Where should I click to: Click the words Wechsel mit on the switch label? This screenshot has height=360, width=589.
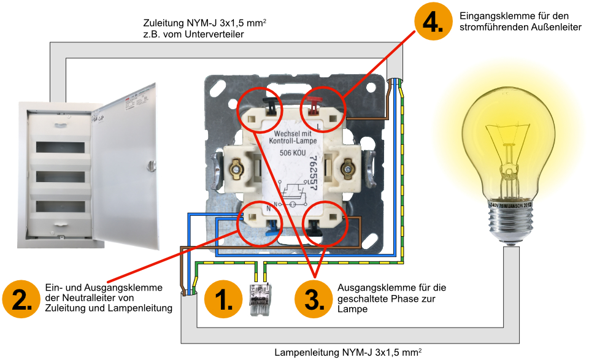click(x=293, y=134)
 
